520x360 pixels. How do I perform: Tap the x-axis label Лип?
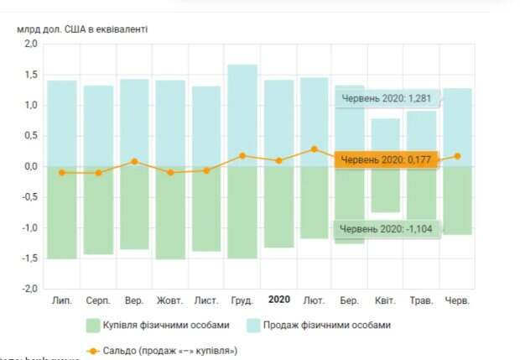click(x=61, y=300)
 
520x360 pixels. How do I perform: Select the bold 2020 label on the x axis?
click(x=278, y=300)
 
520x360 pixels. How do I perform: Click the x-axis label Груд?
click(x=242, y=300)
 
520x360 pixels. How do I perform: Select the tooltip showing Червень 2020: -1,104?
click(x=386, y=227)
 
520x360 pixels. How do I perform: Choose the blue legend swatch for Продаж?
click(x=260, y=325)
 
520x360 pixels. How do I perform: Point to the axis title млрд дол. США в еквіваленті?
click(x=82, y=29)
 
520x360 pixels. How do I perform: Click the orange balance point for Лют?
click(x=315, y=149)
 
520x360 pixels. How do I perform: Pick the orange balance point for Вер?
click(x=134, y=161)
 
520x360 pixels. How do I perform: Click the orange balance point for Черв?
click(x=458, y=155)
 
